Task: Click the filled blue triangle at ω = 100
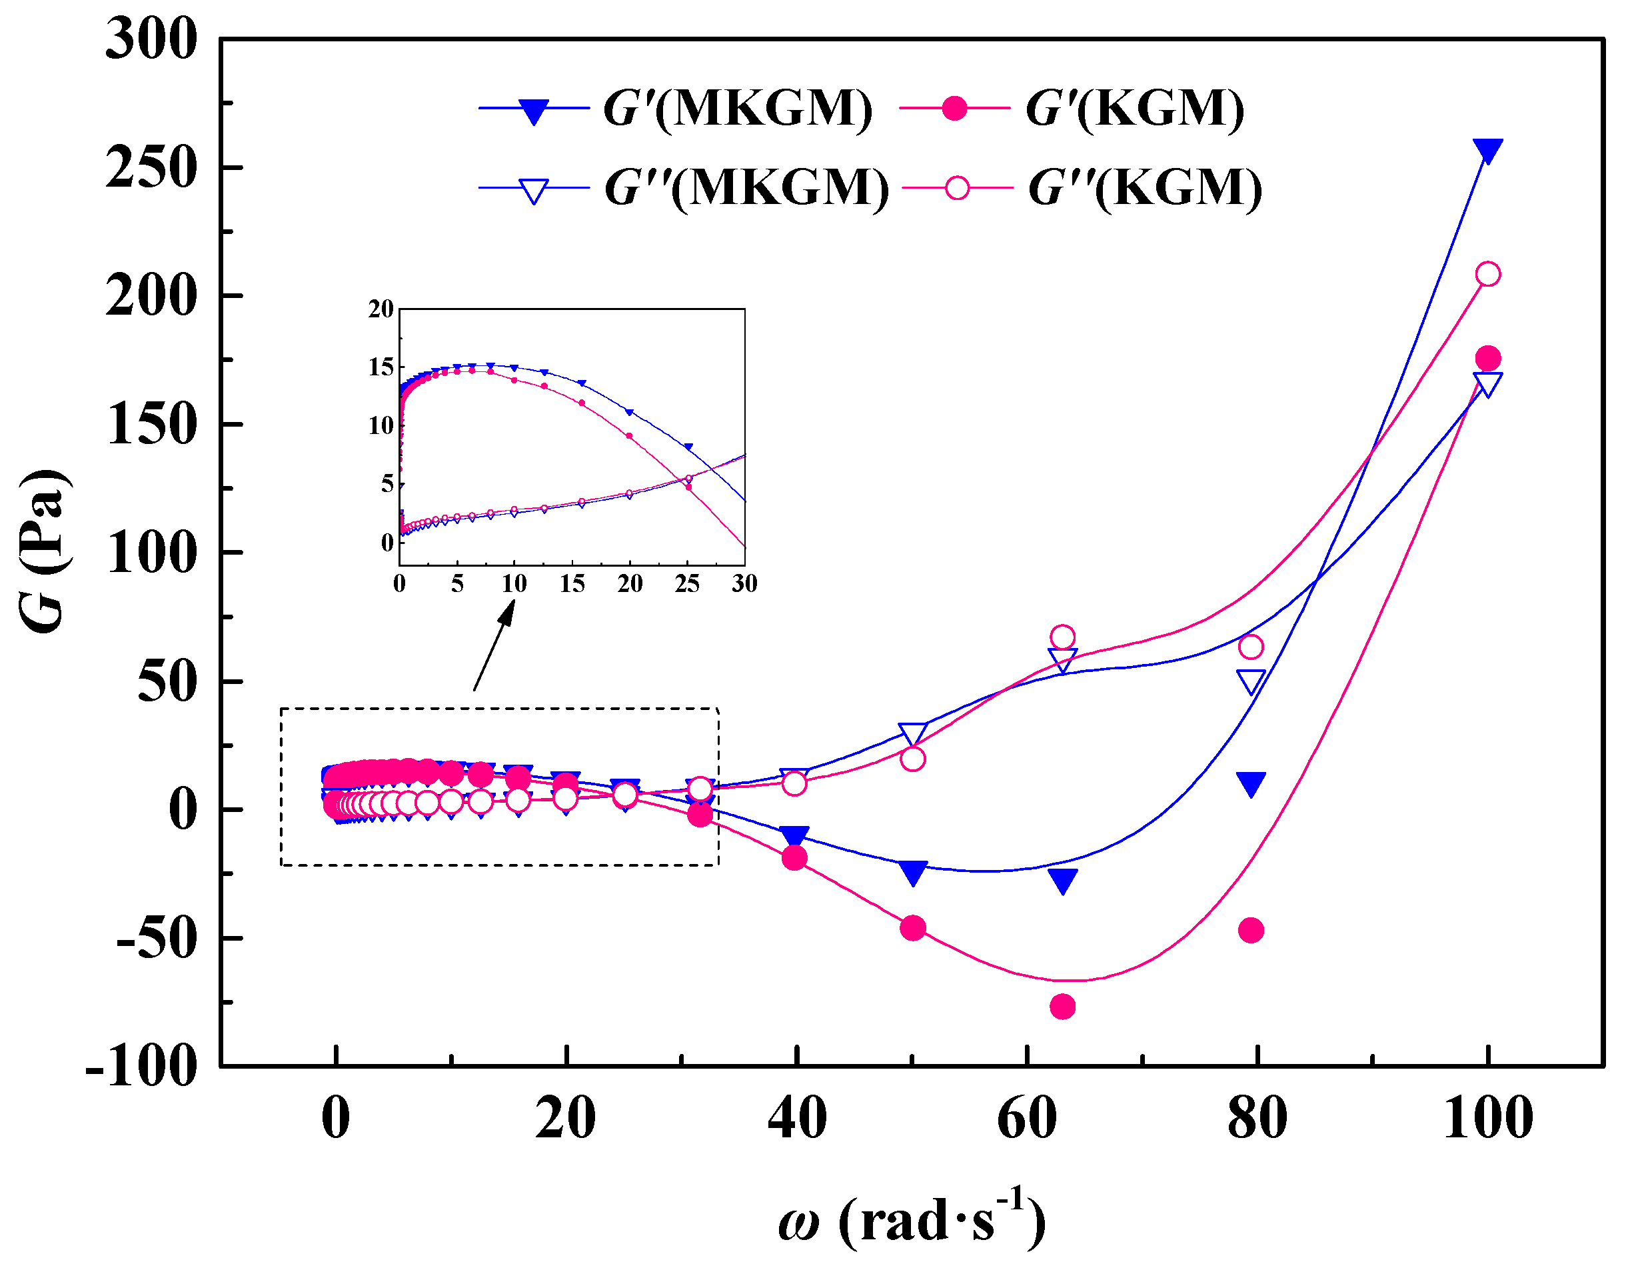[x=1487, y=151]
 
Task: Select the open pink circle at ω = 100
[x=1487, y=275]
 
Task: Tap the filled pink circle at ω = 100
[x=1487, y=359]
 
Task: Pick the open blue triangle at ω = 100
[x=1487, y=384]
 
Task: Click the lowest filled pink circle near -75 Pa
[x=1062, y=1007]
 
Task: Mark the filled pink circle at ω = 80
[x=1251, y=931]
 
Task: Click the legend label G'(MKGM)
[x=737, y=109]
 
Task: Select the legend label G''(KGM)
[x=1145, y=187]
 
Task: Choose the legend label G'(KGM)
[x=1134, y=109]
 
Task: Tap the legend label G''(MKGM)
[x=746, y=187]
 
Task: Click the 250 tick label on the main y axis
[x=151, y=168]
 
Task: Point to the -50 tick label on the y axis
[x=157, y=939]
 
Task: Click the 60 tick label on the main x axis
[x=1027, y=1119]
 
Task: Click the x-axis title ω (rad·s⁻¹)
[x=911, y=1221]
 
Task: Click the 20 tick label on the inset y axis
[x=381, y=309]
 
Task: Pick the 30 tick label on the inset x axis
[x=744, y=584]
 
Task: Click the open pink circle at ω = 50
[x=912, y=759]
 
